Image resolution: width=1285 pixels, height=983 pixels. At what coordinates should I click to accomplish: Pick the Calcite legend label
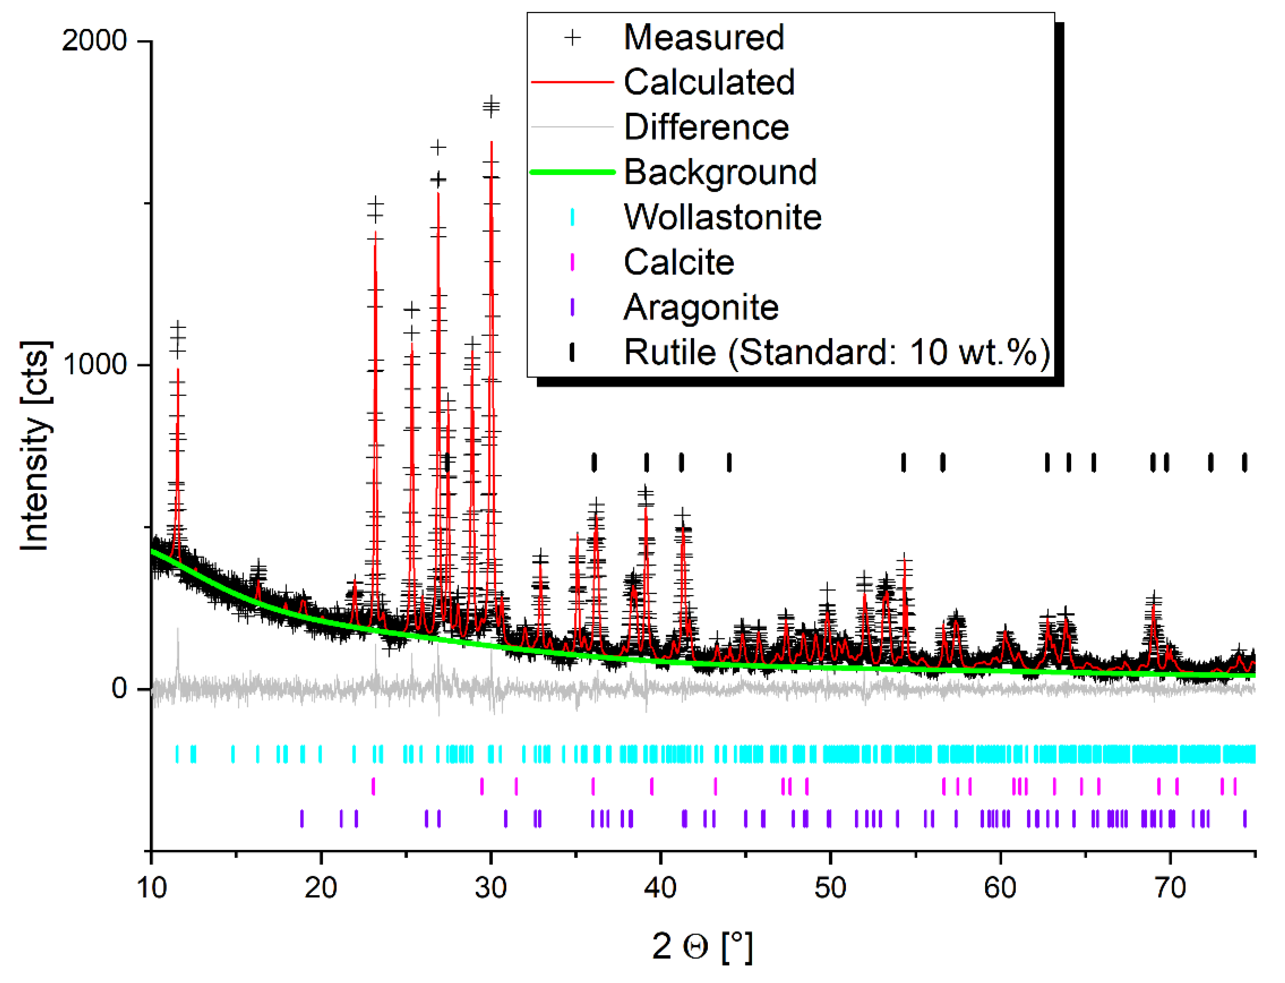click(678, 262)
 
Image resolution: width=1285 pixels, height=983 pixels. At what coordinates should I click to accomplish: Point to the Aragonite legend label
click(701, 307)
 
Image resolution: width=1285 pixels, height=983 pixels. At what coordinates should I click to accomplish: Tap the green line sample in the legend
click(572, 172)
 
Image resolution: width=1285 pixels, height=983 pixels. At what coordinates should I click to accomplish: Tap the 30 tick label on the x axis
click(490, 888)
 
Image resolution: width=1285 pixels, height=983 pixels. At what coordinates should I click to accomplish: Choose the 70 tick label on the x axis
click(1170, 888)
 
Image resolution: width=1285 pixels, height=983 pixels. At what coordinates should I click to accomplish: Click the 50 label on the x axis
click(830, 888)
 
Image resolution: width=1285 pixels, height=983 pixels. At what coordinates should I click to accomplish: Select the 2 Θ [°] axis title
click(702, 946)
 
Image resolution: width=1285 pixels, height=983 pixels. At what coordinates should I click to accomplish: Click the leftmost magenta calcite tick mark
click(373, 786)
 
